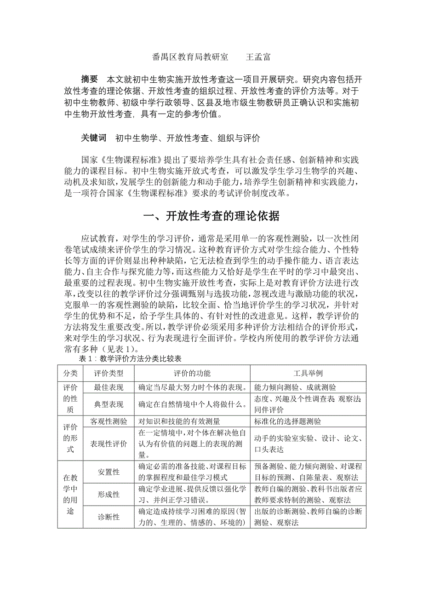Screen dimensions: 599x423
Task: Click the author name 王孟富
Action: pos(258,58)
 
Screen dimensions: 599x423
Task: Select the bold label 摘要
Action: pos(89,78)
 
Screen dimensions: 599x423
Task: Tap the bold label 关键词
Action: pos(93,138)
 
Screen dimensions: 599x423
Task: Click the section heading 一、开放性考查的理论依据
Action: pos(211,216)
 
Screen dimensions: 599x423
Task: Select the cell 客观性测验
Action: pos(109,421)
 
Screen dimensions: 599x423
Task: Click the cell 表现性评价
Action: pos(109,443)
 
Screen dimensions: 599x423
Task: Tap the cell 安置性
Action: pos(109,472)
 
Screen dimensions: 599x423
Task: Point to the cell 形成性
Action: pos(109,495)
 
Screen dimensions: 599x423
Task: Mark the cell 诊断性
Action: pos(109,517)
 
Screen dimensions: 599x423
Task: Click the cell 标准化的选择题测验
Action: pos(288,421)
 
